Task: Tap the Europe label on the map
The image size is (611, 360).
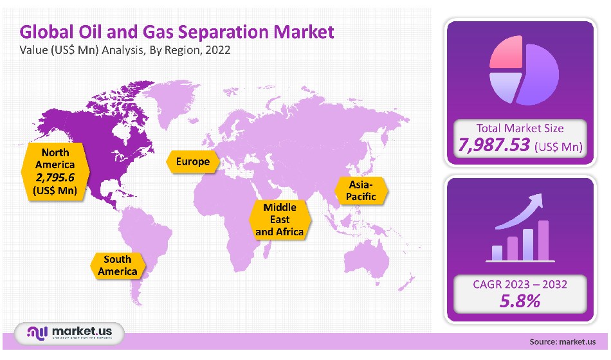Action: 193,161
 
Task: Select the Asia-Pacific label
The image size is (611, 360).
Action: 361,190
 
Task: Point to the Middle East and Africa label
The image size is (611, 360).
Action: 280,219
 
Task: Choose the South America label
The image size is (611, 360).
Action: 118,265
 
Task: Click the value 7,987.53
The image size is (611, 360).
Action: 493,146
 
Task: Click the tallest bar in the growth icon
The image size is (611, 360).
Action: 543,240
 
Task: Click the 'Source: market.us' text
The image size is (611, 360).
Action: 563,341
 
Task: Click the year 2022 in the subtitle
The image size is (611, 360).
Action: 218,50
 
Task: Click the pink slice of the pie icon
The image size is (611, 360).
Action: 506,52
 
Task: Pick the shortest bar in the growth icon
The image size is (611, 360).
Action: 497,253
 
